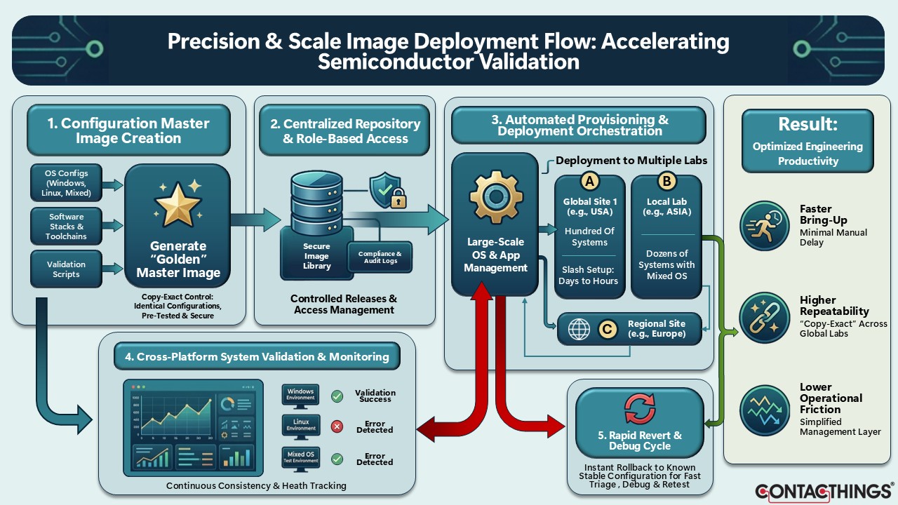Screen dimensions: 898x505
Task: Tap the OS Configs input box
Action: coord(66,183)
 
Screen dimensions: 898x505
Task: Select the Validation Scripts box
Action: coord(66,269)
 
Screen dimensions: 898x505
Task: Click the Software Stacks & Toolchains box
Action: coord(66,226)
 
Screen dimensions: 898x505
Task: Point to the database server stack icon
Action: coord(316,203)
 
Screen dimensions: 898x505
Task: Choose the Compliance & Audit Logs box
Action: coord(380,257)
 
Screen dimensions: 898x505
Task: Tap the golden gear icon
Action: coord(496,197)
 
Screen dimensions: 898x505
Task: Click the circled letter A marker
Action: coord(590,182)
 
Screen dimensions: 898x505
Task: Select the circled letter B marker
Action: coord(666,182)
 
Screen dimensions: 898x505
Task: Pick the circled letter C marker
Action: coord(608,330)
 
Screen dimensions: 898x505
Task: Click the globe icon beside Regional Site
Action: coord(579,330)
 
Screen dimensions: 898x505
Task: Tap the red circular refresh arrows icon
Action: coord(640,408)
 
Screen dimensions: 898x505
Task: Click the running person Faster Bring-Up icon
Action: coord(765,226)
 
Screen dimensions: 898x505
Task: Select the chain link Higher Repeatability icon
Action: coord(765,318)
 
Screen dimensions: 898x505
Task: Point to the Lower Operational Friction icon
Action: coord(765,411)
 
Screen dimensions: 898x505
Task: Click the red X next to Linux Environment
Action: coord(337,426)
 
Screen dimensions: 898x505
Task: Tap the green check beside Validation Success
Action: coord(337,396)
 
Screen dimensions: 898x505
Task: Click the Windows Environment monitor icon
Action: coord(301,397)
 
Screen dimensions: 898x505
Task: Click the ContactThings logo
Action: coord(824,492)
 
